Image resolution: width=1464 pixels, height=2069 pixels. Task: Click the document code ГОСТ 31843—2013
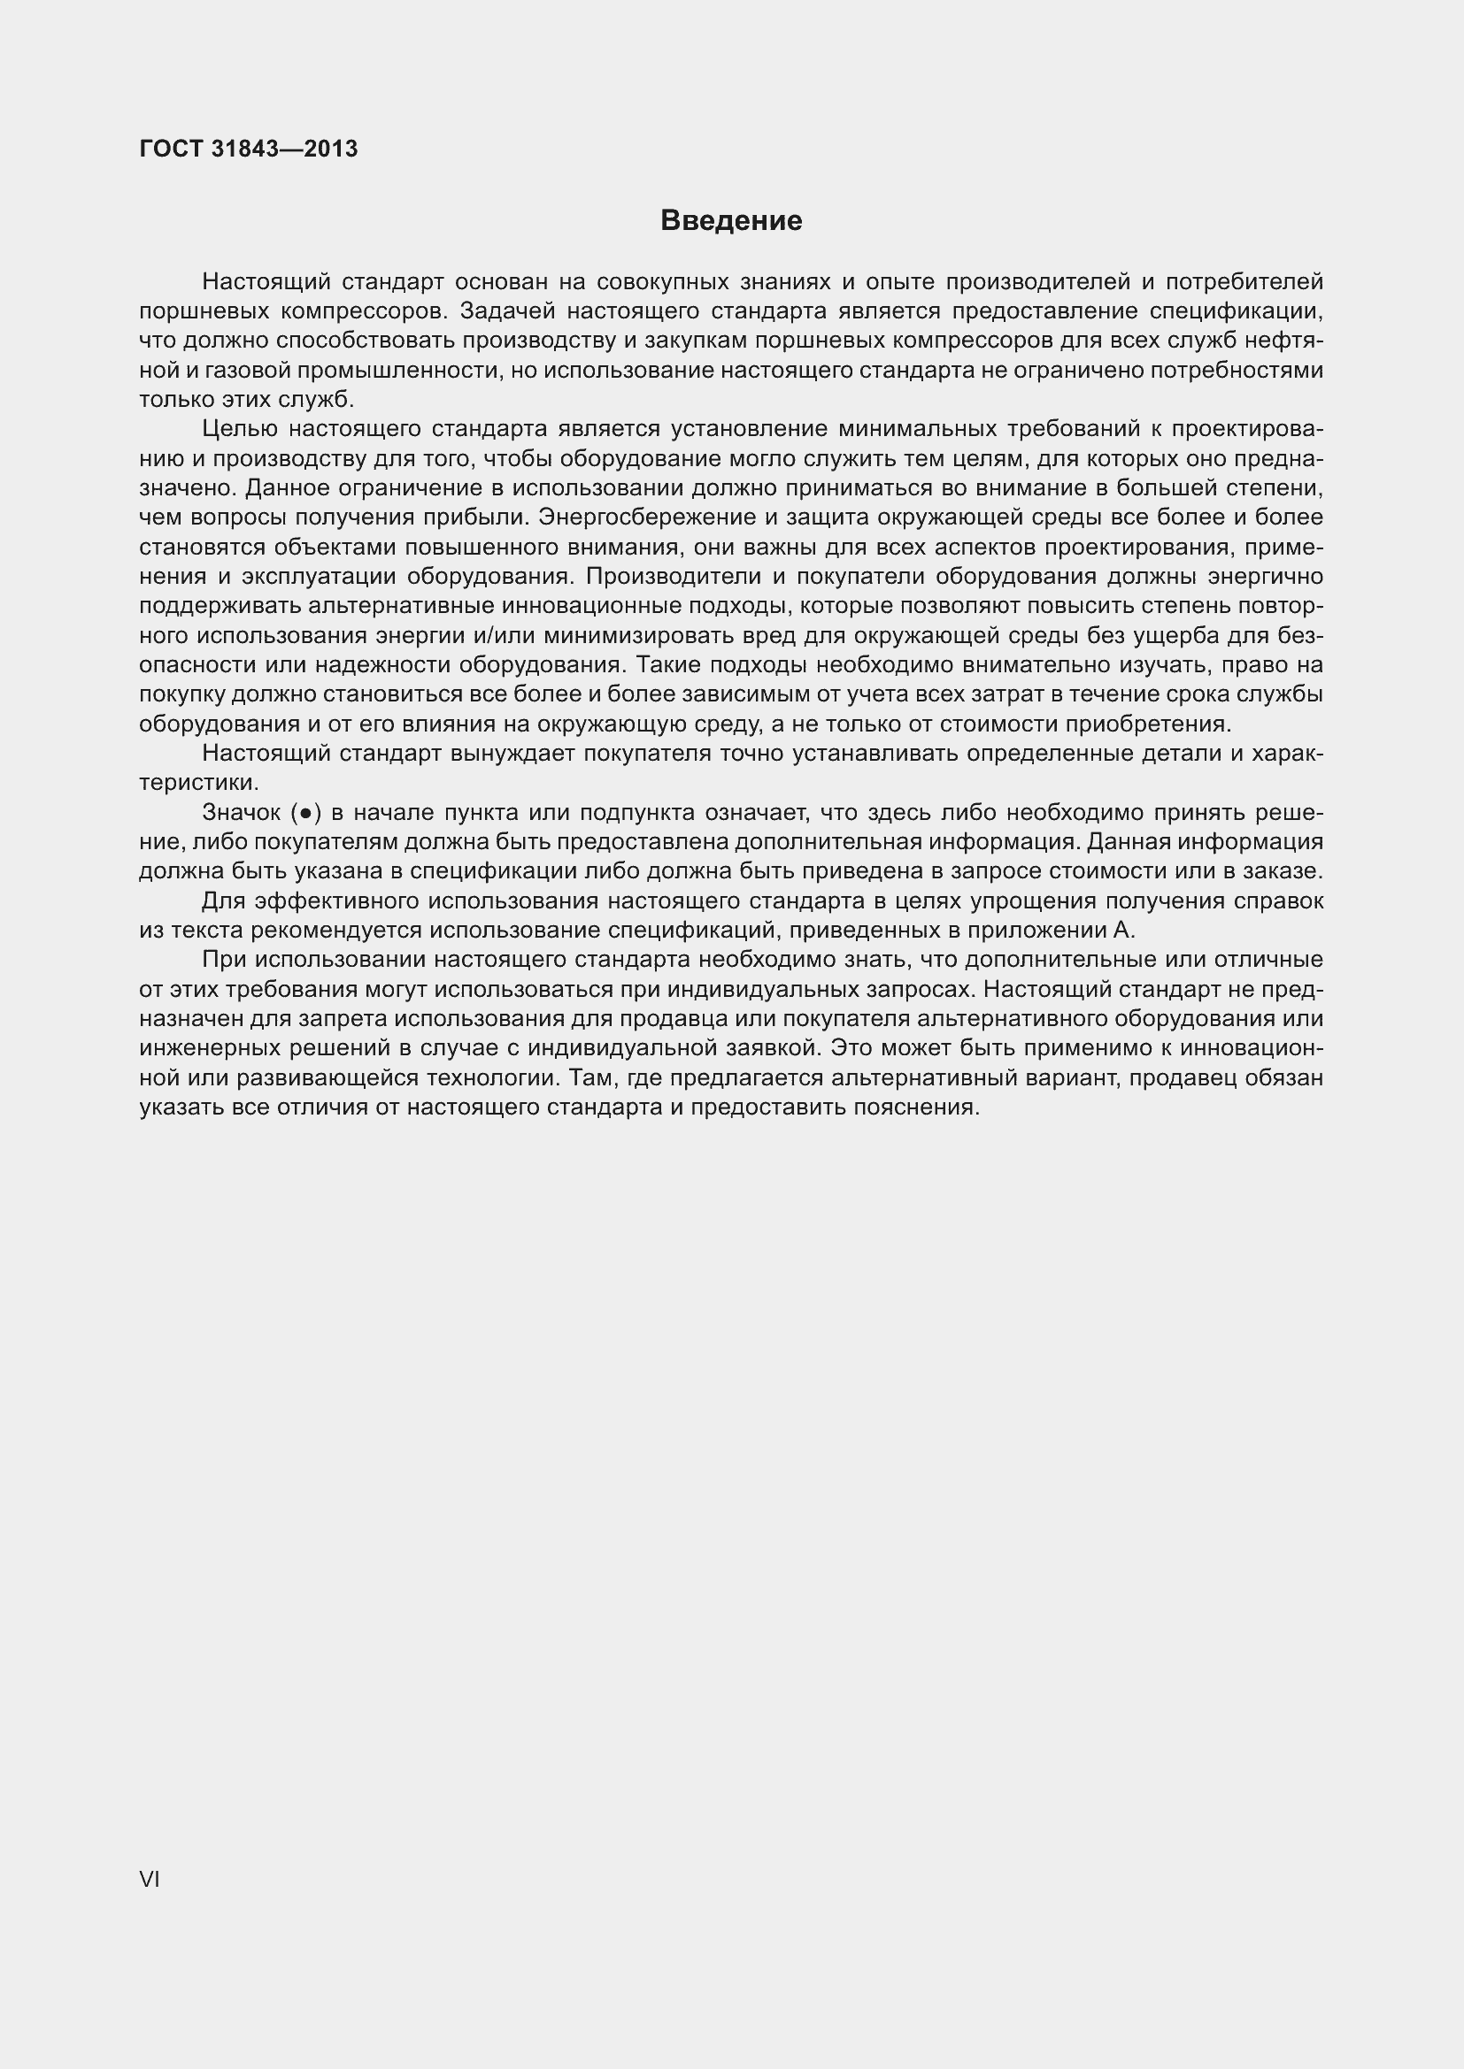249,149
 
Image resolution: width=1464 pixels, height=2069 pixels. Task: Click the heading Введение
731,221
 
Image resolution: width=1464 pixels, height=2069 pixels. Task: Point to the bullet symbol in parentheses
305,814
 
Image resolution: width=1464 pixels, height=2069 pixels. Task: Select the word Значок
242,813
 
